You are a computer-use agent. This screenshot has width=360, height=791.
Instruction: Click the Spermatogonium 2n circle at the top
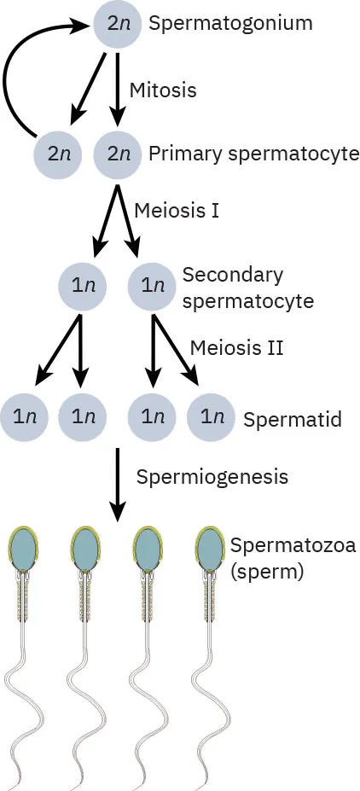coord(118,25)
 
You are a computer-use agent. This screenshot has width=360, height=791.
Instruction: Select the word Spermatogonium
coord(229,23)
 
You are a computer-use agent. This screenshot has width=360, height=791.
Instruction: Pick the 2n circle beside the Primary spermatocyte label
coord(118,154)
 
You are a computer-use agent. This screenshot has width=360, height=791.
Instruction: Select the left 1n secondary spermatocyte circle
coord(82,287)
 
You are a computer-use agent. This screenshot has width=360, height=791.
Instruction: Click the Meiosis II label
coord(236,347)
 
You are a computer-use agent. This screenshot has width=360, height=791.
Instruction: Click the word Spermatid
coord(292,420)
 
